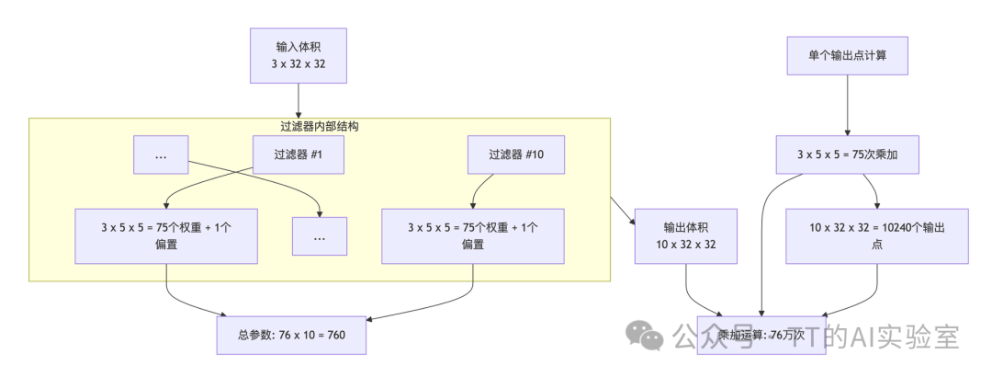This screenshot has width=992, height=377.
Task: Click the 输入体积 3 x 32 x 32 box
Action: click(x=299, y=55)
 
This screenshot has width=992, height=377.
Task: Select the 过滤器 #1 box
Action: click(x=299, y=154)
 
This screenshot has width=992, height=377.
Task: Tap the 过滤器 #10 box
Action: click(x=516, y=154)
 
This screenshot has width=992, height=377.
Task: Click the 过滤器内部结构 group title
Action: click(x=320, y=126)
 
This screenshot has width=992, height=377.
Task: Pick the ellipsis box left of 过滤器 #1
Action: click(x=161, y=154)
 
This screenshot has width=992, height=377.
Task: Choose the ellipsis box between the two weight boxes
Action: click(x=320, y=236)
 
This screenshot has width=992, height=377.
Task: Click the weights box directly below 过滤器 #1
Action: click(x=165, y=236)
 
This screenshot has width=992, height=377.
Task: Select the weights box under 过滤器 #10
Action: click(x=472, y=236)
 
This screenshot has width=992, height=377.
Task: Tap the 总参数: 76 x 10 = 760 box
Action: click(x=291, y=335)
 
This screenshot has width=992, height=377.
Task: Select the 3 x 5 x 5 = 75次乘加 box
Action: click(x=848, y=154)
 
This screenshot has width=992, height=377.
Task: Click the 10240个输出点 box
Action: click(x=878, y=236)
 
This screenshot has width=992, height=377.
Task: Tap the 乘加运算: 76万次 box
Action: click(x=761, y=335)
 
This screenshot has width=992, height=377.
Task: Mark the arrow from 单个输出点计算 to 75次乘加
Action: click(x=848, y=109)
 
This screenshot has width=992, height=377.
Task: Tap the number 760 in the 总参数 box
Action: click(x=335, y=335)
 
